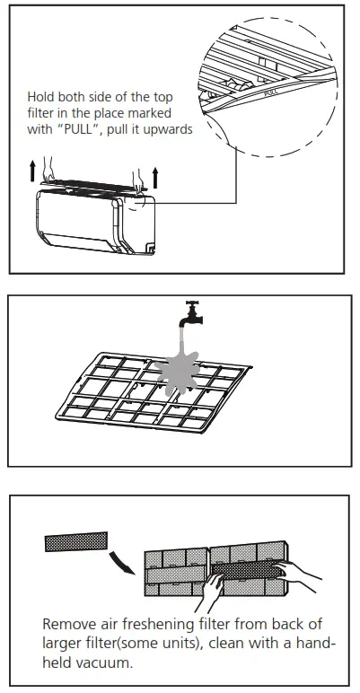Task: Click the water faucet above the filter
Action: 193,313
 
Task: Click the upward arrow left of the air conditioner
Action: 32,171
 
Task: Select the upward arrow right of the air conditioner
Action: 155,177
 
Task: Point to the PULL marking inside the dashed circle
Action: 270,93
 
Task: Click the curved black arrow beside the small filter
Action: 121,562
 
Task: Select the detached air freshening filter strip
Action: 76,541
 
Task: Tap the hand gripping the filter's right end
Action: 139,180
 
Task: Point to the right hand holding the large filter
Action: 295,574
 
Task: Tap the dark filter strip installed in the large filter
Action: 245,571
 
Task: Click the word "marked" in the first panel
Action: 150,113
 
